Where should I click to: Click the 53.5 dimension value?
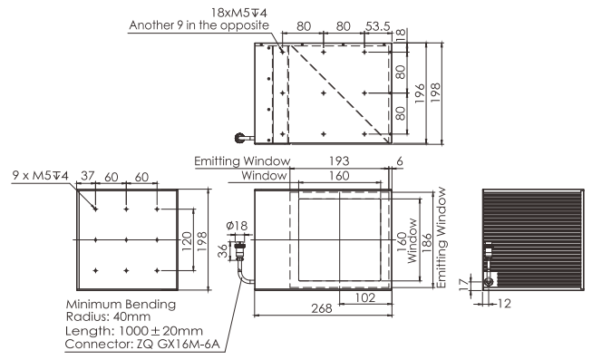point(377,26)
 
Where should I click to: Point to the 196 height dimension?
point(420,93)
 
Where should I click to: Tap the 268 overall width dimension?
point(322,308)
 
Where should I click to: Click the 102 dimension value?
point(365,297)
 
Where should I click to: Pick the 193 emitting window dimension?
point(339,161)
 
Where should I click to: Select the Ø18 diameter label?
point(237,226)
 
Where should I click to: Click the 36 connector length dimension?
point(223,251)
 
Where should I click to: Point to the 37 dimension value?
point(88,176)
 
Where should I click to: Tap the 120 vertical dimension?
point(187,241)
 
